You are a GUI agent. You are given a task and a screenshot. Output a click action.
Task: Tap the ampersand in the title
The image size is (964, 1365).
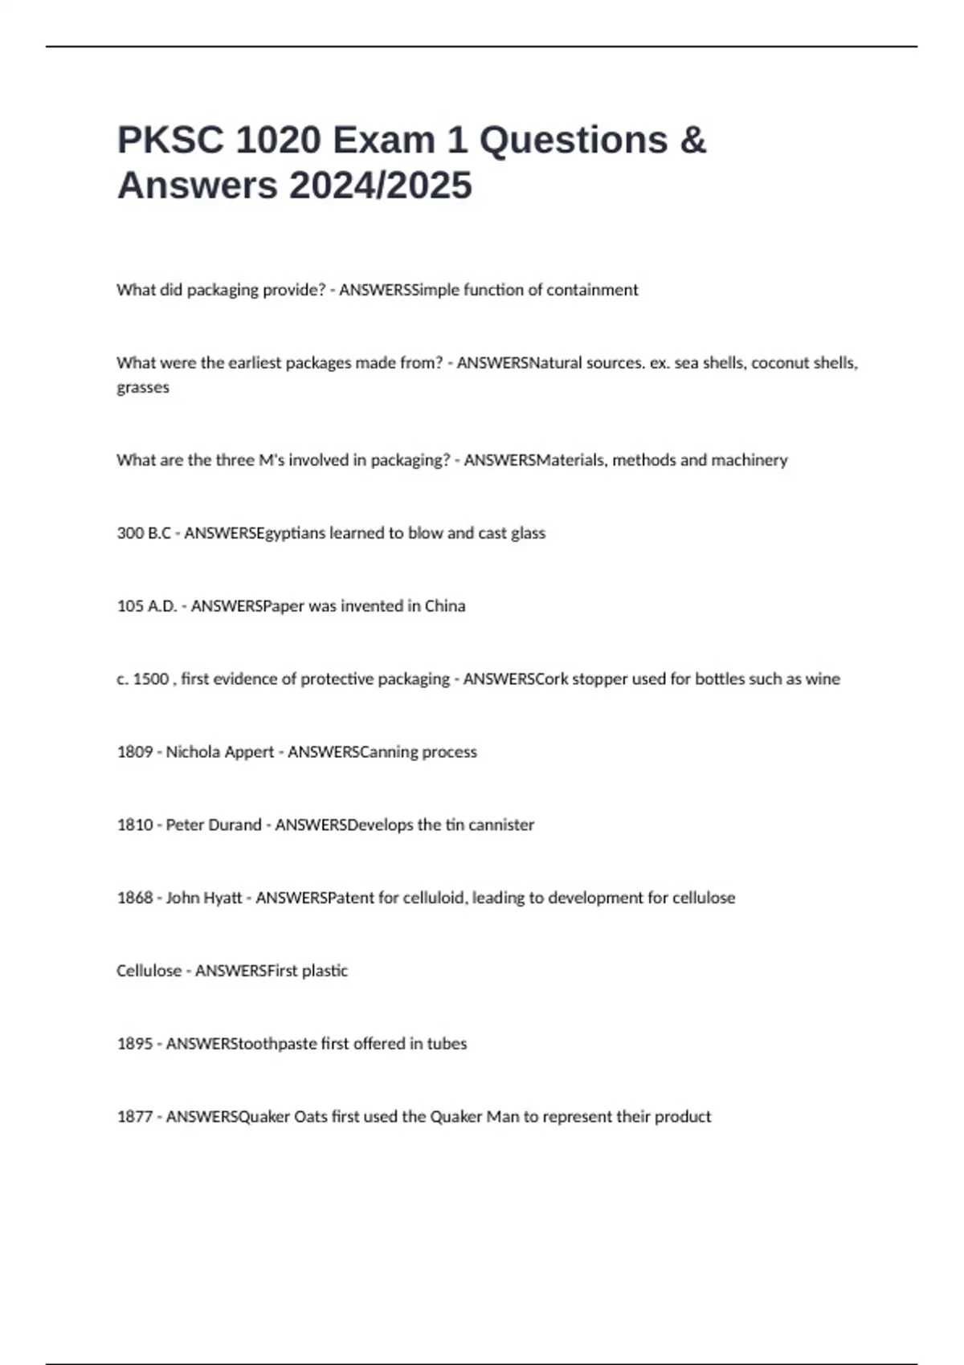coord(692,141)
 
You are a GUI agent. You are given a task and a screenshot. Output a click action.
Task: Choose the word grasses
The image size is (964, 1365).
coord(143,388)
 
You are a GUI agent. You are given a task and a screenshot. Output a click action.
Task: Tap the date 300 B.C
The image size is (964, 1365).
coord(143,533)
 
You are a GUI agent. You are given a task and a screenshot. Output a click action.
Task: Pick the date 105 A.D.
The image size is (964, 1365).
coord(146,606)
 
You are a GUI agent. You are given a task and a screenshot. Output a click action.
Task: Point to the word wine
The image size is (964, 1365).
coord(823,679)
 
